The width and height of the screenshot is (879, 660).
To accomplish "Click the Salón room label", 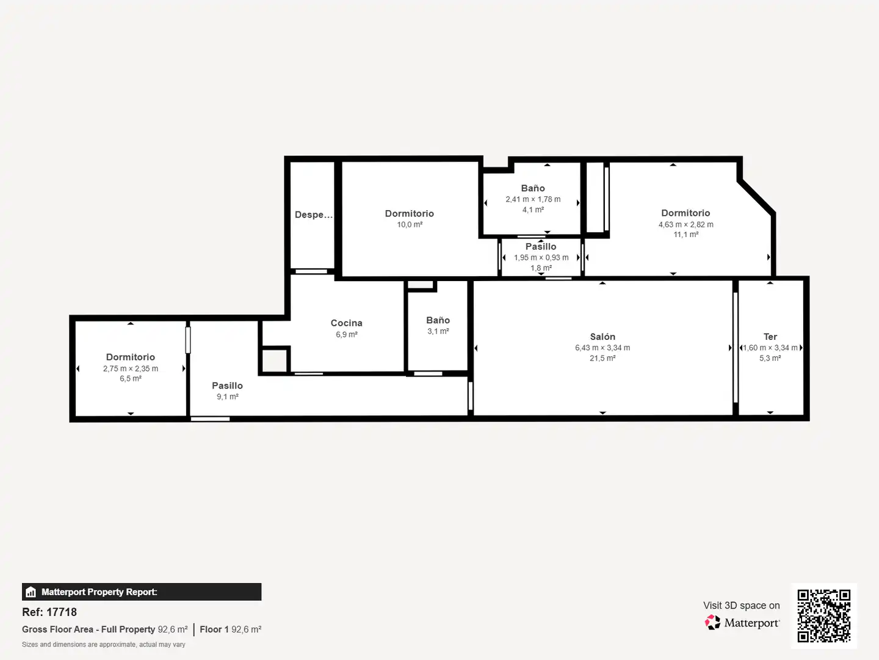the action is pyautogui.click(x=602, y=337).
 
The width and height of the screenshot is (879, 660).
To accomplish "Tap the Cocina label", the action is pyautogui.click(x=346, y=323).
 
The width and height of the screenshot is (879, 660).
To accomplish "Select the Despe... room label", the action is pyautogui.click(x=314, y=215).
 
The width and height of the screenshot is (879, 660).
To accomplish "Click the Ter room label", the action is pyautogui.click(x=770, y=337).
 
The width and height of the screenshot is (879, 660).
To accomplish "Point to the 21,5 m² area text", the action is pyautogui.click(x=602, y=358).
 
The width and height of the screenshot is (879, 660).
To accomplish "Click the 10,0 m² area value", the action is pyautogui.click(x=410, y=224).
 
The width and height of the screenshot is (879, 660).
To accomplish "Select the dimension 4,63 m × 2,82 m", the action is pyautogui.click(x=685, y=224).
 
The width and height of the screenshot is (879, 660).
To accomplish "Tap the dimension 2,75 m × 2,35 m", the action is pyautogui.click(x=131, y=369).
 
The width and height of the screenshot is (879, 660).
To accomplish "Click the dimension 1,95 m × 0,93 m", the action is pyautogui.click(x=541, y=257).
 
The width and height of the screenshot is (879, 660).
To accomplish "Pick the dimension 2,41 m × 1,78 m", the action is pyautogui.click(x=533, y=199).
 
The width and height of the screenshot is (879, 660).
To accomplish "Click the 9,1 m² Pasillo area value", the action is pyautogui.click(x=228, y=397).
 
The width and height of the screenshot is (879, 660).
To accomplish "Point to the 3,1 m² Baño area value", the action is pyautogui.click(x=438, y=331).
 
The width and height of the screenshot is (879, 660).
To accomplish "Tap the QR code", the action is pyautogui.click(x=823, y=616).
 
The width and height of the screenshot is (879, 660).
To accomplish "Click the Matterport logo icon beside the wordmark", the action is pyautogui.click(x=712, y=622).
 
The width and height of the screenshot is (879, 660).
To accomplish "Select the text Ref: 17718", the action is pyautogui.click(x=49, y=612).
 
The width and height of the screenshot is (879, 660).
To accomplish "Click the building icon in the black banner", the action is pyautogui.click(x=31, y=592).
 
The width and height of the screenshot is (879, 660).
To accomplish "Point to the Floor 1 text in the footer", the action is pyautogui.click(x=214, y=629).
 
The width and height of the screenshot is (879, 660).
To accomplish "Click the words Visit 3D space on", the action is pyautogui.click(x=741, y=606).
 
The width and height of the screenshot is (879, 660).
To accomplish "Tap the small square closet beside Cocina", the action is pyautogui.click(x=274, y=361).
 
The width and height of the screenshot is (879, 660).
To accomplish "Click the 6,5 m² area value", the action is pyautogui.click(x=131, y=378).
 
